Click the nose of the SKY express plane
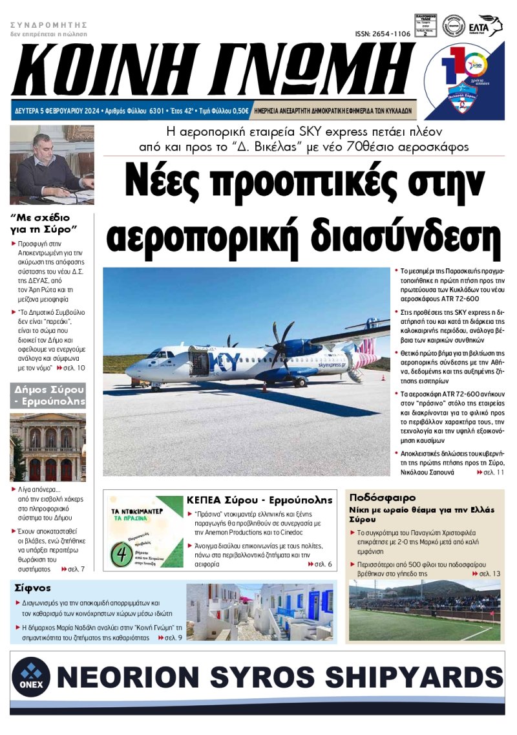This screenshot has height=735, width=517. (129, 370)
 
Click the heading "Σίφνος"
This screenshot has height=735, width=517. (30, 588)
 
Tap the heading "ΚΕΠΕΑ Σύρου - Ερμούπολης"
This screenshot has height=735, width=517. (259, 500)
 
